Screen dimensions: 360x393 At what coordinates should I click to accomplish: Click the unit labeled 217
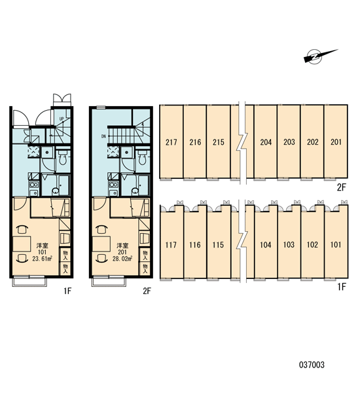[171, 142]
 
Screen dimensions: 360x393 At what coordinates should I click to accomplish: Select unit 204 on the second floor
[266, 142]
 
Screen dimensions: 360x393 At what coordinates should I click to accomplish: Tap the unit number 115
[218, 244]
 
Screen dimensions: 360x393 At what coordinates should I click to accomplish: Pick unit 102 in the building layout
[312, 244]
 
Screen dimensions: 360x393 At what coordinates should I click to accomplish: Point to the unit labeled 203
[289, 142]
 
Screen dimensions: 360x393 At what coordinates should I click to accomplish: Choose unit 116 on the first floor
[194, 244]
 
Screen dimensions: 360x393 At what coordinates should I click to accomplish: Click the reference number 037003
[312, 364]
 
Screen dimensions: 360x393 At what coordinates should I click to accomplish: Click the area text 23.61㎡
[42, 259]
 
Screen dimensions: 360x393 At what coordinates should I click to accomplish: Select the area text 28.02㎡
[122, 259]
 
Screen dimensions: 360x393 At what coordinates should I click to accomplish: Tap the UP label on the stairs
[62, 119]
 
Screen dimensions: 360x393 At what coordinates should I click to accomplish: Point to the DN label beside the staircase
[103, 136]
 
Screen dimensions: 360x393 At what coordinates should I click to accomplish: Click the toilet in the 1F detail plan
[62, 157]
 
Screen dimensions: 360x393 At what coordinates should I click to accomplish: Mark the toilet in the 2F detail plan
[142, 157]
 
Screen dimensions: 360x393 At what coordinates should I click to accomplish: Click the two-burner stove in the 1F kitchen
[33, 185]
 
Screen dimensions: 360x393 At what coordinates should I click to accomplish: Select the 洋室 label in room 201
[122, 246]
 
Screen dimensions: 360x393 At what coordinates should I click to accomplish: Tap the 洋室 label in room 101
[42, 246]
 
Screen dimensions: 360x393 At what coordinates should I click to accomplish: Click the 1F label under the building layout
[342, 286]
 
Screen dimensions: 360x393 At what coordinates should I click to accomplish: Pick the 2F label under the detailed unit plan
[147, 291]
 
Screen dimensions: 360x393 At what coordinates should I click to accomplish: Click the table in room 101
[22, 244]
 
